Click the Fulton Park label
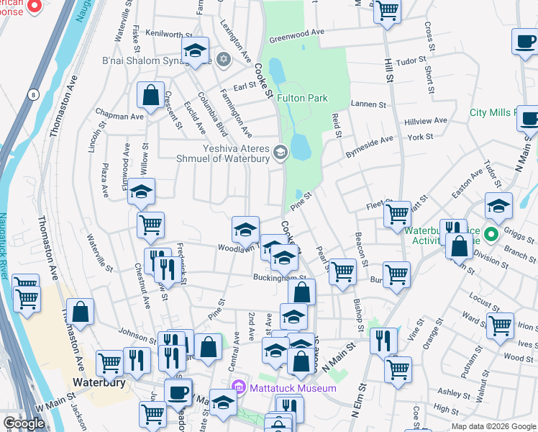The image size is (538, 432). click(x=302, y=98)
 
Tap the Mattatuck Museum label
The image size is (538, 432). click(x=293, y=388)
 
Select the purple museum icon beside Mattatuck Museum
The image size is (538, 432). click(x=242, y=388)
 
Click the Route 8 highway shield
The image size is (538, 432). click(x=33, y=94)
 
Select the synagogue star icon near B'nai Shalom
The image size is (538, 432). click(x=223, y=58)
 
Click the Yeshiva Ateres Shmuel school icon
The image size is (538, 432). click(x=281, y=152)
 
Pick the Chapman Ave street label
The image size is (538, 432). click(x=119, y=116)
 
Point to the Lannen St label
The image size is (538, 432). click(x=369, y=104)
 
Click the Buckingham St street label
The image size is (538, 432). click(x=279, y=277)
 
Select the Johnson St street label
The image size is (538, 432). click(x=137, y=335)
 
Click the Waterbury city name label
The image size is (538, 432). click(x=99, y=382)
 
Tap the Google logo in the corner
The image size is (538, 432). click(x=24, y=423)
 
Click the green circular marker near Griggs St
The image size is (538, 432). click(x=492, y=235)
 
